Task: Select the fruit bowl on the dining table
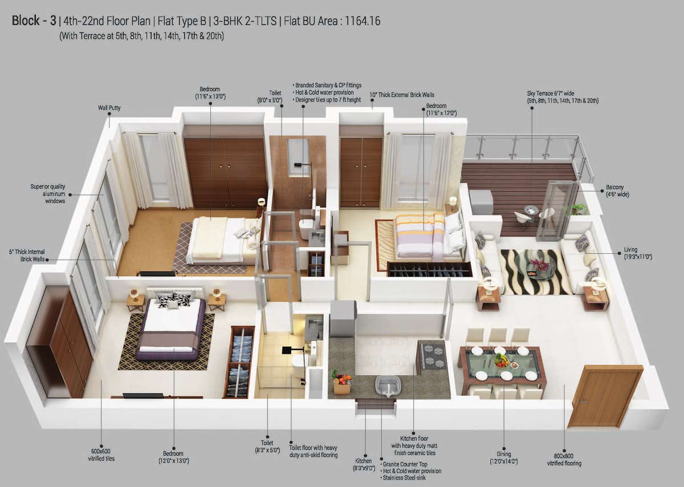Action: click(x=502, y=360)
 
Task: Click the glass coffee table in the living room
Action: click(x=539, y=266)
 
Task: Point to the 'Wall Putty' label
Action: click(x=109, y=108)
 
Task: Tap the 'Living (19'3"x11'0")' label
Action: click(x=638, y=253)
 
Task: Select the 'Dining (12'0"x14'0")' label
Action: click(x=503, y=457)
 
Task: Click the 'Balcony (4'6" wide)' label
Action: click(x=617, y=190)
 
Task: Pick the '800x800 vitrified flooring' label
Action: click(x=564, y=460)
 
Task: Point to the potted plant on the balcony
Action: click(x=576, y=209)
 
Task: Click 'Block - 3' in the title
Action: click(x=34, y=21)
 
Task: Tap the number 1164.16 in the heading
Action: click(x=363, y=21)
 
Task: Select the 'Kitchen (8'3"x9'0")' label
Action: click(x=364, y=464)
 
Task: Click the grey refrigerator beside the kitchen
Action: click(x=343, y=318)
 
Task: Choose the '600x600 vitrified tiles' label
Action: click(x=101, y=455)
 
